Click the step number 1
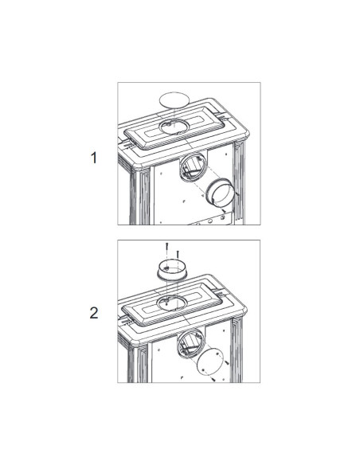[94, 158]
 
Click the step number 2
[94, 313]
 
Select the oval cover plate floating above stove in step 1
[174, 100]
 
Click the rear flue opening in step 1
[193, 168]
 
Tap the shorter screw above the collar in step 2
[178, 254]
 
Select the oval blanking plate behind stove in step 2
[210, 363]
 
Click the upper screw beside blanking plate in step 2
[227, 363]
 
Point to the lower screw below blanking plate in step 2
[213, 379]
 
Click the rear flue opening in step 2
[190, 343]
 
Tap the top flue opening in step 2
[172, 303]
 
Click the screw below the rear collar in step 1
[224, 210]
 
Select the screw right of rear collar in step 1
[237, 194]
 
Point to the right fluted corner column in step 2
[237, 350]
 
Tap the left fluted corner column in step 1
[140, 196]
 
